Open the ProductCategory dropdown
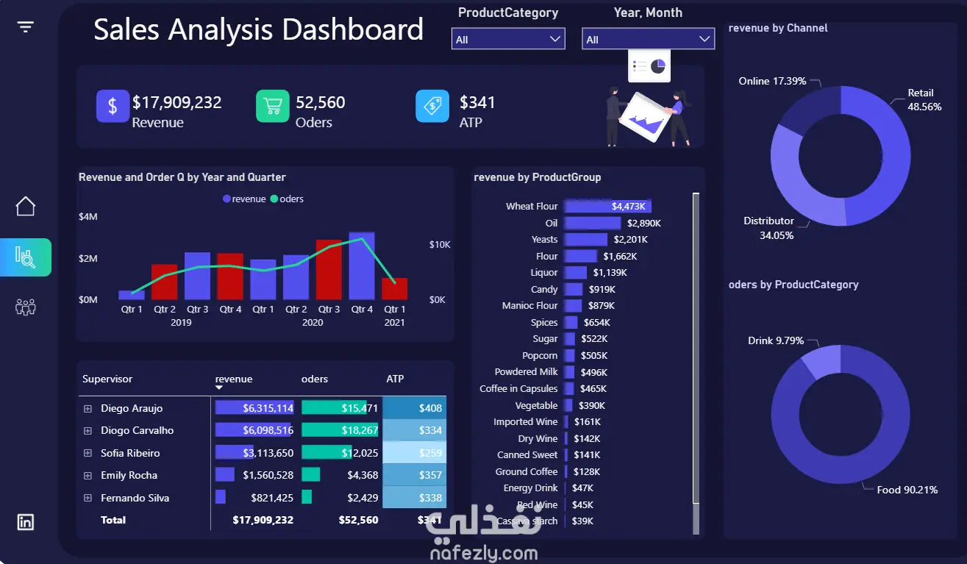(x=508, y=39)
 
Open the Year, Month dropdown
(x=648, y=39)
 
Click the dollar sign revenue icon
(x=113, y=106)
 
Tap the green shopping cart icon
(x=272, y=106)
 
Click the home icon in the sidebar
(x=26, y=207)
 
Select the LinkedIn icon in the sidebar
(x=26, y=522)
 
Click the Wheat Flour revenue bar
(x=608, y=207)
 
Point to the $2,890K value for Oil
(x=643, y=223)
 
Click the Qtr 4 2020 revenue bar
(x=362, y=266)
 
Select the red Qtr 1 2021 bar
(x=395, y=289)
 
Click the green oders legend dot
(x=274, y=199)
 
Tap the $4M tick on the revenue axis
(x=88, y=217)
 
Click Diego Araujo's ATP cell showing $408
(x=415, y=408)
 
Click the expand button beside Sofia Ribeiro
(x=88, y=453)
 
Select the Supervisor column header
(x=107, y=379)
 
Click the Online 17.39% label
(x=772, y=81)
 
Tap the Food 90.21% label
(x=907, y=490)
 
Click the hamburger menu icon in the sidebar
(x=26, y=27)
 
